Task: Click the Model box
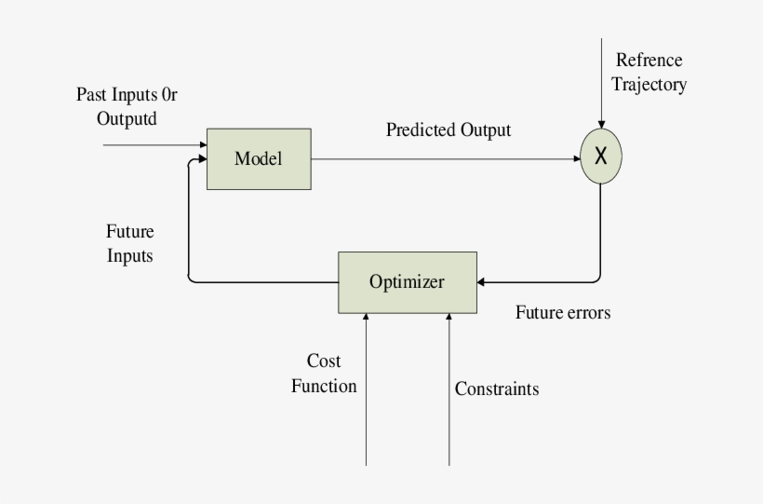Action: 258,158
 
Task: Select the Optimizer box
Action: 407,282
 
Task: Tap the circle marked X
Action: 600,157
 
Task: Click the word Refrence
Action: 649,61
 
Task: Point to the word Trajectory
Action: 649,86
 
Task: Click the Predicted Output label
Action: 448,129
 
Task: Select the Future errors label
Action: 563,313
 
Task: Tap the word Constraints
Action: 496,389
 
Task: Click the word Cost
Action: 324,361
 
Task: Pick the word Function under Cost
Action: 323,386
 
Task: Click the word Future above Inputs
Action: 130,231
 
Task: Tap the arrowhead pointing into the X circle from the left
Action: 575,158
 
